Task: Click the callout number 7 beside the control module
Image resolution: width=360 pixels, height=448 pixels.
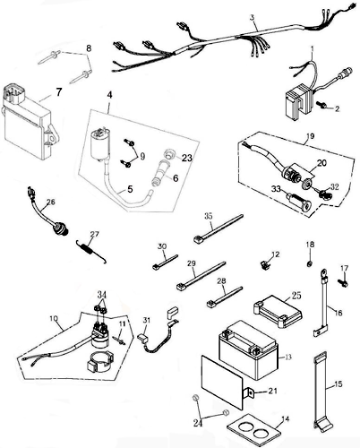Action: pyautogui.click(x=59, y=92)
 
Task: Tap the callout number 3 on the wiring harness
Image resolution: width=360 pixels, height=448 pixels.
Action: pyautogui.click(x=253, y=18)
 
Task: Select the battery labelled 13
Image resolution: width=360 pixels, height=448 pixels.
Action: pyautogui.click(x=249, y=349)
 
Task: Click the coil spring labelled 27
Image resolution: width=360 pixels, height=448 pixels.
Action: pyautogui.click(x=90, y=252)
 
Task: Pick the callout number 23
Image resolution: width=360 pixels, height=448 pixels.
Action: pyautogui.click(x=187, y=158)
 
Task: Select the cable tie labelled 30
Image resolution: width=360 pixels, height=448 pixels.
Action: pyautogui.click(x=165, y=262)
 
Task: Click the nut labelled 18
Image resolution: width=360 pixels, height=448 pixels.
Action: pyautogui.click(x=310, y=263)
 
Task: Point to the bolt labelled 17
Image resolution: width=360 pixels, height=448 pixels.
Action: pyautogui.click(x=343, y=282)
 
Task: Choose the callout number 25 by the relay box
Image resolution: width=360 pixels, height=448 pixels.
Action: pyautogui.click(x=296, y=296)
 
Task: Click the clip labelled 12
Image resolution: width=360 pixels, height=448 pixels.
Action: pyautogui.click(x=263, y=264)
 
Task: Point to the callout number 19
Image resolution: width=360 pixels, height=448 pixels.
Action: pyautogui.click(x=311, y=136)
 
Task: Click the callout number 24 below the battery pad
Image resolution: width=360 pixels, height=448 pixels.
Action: pyautogui.click(x=198, y=423)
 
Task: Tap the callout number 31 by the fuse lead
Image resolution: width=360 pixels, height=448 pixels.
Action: pyautogui.click(x=147, y=321)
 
